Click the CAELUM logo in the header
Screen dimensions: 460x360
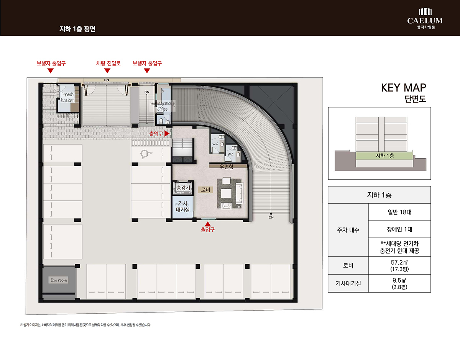pos(425,18)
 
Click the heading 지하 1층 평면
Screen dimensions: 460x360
pos(77,29)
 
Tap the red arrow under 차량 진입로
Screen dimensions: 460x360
pos(107,71)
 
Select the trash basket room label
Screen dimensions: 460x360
pos(68,97)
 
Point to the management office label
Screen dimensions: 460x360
pos(163,106)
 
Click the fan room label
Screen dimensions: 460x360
pos(59,280)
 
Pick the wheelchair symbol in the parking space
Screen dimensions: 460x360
pos(146,154)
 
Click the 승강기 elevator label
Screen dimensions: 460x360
pos(183,188)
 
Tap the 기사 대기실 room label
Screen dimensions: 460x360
pos(183,206)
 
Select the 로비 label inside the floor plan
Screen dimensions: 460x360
pos(205,190)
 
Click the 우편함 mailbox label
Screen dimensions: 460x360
pos(226,167)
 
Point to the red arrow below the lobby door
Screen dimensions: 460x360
pos(208,224)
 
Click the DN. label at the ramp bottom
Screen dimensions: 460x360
pos(271,217)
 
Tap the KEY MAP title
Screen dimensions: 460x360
pos(404,88)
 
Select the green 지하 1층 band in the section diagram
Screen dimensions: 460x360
pos(384,156)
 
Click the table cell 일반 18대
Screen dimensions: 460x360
pos(399,212)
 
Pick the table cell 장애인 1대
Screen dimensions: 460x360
pos(399,229)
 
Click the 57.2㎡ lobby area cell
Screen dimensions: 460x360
pos(399,265)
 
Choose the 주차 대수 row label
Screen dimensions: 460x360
pos(348,230)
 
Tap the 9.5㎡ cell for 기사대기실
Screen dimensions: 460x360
pos(399,283)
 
